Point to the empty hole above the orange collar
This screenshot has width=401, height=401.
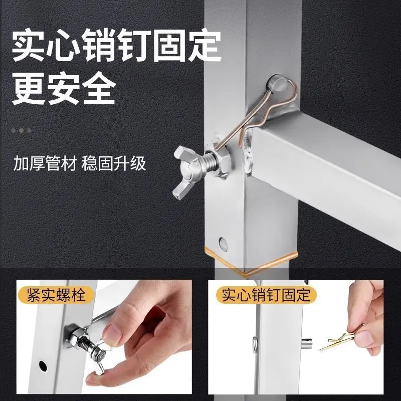pyautogui.click(x=223, y=244)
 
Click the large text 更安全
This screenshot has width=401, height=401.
pyautogui.click(x=64, y=89)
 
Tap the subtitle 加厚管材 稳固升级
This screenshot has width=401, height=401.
pyautogui.click(x=80, y=163)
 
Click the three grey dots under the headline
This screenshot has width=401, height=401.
pyautogui.click(x=22, y=131)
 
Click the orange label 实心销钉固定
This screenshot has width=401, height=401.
pyautogui.click(x=266, y=295)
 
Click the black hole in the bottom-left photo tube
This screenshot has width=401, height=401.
pyautogui.click(x=43, y=366)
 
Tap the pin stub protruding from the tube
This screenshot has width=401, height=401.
pyautogui.click(x=306, y=344)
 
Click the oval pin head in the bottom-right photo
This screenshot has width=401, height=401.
pyautogui.click(x=255, y=345)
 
